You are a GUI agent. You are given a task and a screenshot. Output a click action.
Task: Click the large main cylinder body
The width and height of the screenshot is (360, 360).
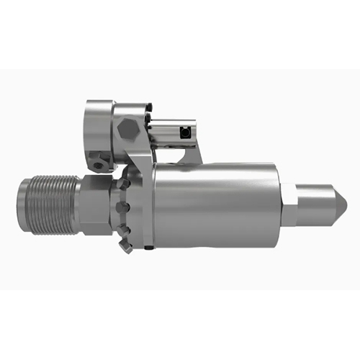216,206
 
